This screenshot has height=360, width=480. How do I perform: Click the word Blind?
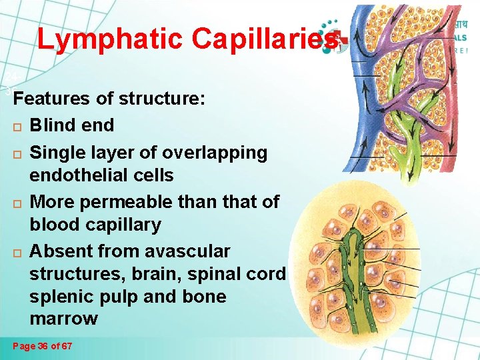(53, 125)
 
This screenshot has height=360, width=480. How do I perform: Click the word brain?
(150, 274)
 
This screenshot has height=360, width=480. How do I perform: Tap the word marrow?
(63, 319)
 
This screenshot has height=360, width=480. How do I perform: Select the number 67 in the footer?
(65, 347)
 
